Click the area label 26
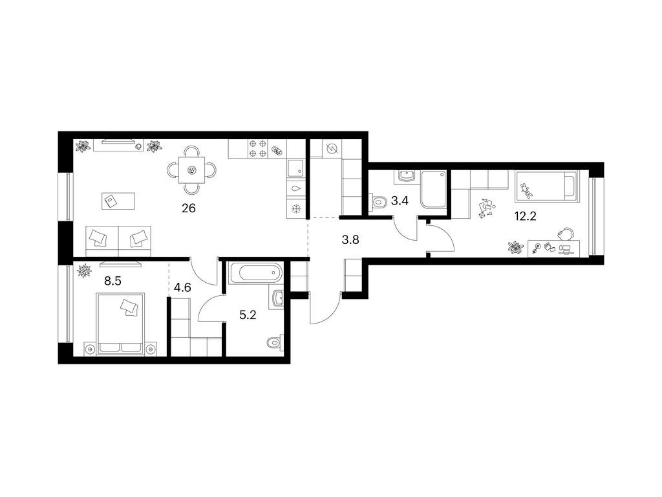click(x=189, y=208)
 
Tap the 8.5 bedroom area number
click(x=112, y=281)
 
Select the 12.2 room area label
click(x=525, y=216)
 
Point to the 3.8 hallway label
click(x=350, y=240)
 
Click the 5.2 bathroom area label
click(x=248, y=315)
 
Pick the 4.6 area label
click(x=182, y=287)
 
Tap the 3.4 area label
click(x=400, y=201)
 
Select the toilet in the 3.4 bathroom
click(x=379, y=202)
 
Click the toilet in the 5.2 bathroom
click(x=275, y=342)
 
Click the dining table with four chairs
click(x=191, y=170)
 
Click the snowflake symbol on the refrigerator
click(x=296, y=208)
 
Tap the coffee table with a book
click(x=119, y=201)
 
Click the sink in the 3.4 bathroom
click(x=407, y=176)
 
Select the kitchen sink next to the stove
click(x=295, y=169)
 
